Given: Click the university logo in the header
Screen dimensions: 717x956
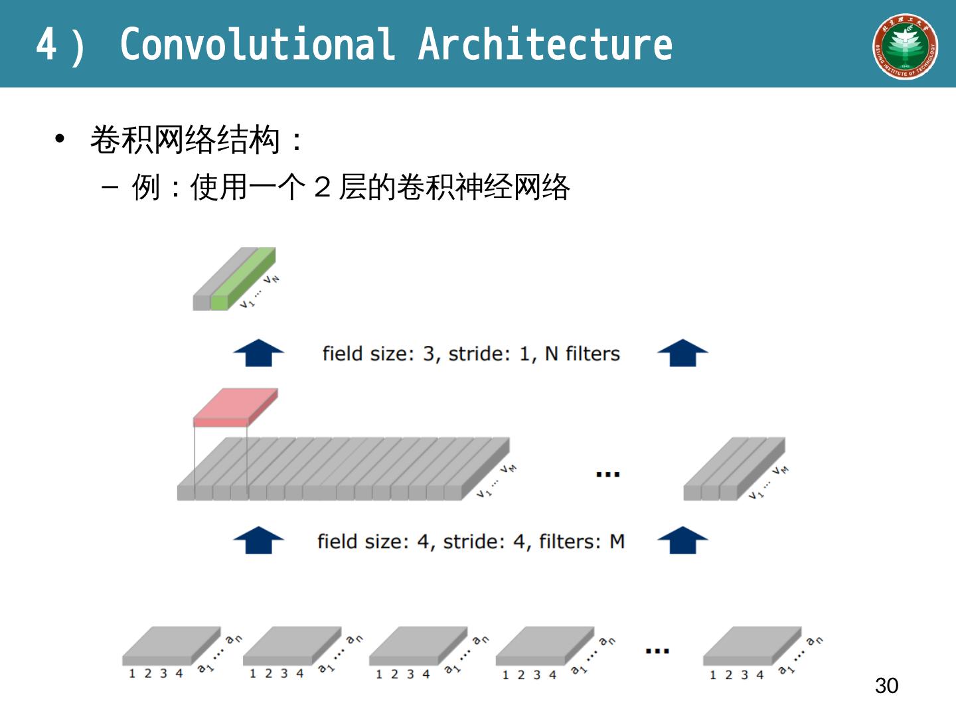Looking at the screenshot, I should pyautogui.click(x=905, y=46).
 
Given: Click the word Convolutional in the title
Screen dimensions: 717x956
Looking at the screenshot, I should pyautogui.click(x=257, y=44).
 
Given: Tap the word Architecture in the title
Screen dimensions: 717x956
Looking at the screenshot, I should pyautogui.click(x=545, y=44).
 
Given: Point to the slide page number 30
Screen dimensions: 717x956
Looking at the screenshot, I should pyautogui.click(x=886, y=685).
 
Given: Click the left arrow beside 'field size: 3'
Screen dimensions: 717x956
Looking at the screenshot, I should pyautogui.click(x=258, y=353).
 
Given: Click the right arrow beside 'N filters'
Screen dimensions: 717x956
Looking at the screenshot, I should pyautogui.click(x=682, y=353).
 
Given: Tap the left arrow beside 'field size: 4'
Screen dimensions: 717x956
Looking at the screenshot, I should pyautogui.click(x=258, y=540).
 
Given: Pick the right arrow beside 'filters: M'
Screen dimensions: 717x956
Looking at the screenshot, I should pyautogui.click(x=682, y=540).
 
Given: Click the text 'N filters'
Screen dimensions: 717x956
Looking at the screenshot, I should pyautogui.click(x=582, y=354).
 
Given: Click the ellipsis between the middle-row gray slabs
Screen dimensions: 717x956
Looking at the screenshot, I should pyautogui.click(x=607, y=474).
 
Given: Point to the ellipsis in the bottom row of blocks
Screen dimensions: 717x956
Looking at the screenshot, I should pyautogui.click(x=657, y=651).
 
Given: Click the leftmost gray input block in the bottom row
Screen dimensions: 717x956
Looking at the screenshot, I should pyautogui.click(x=171, y=645).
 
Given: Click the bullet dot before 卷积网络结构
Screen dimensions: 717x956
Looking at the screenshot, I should pyautogui.click(x=60, y=139).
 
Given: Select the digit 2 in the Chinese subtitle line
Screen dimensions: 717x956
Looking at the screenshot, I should pyautogui.click(x=323, y=187).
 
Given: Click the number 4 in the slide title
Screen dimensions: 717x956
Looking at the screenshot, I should pyautogui.click(x=46, y=44).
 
